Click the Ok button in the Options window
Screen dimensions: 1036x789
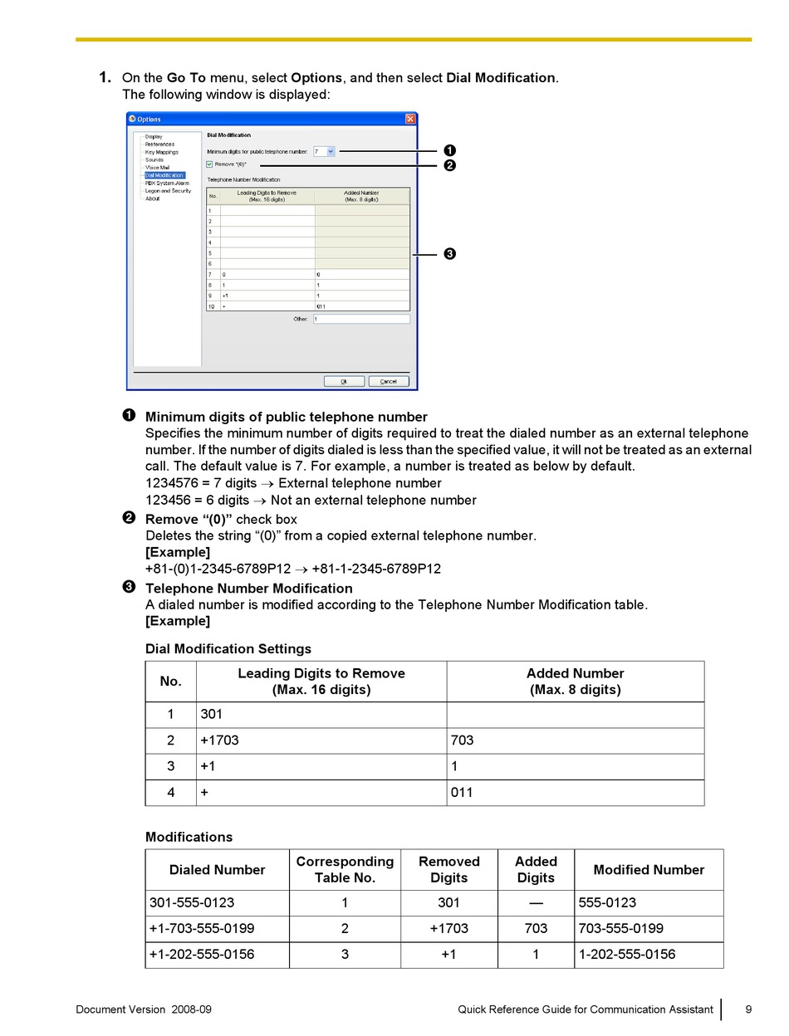[344, 381]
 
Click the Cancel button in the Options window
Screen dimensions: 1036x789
[389, 381]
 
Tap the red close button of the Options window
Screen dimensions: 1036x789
[410, 119]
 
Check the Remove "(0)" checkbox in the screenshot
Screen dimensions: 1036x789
[209, 164]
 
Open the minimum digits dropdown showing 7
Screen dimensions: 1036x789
[331, 151]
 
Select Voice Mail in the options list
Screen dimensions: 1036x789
[157, 168]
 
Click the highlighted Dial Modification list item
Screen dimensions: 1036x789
[164, 175]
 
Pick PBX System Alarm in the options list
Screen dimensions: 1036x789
[167, 183]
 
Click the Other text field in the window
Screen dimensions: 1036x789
[361, 319]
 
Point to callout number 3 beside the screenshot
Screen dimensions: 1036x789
[449, 254]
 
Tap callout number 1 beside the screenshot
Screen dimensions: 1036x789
[449, 150]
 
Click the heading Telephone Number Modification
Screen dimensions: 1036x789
[248, 589]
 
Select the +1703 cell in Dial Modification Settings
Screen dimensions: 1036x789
[219, 740]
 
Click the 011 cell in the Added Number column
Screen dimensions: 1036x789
[462, 792]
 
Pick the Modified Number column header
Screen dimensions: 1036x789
[649, 870]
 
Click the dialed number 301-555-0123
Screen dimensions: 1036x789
[192, 903]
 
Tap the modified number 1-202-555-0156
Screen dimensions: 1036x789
[627, 955]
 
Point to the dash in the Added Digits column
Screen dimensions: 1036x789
[536, 903]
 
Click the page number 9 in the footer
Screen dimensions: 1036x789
[748, 1009]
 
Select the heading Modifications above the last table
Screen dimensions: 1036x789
[189, 837]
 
